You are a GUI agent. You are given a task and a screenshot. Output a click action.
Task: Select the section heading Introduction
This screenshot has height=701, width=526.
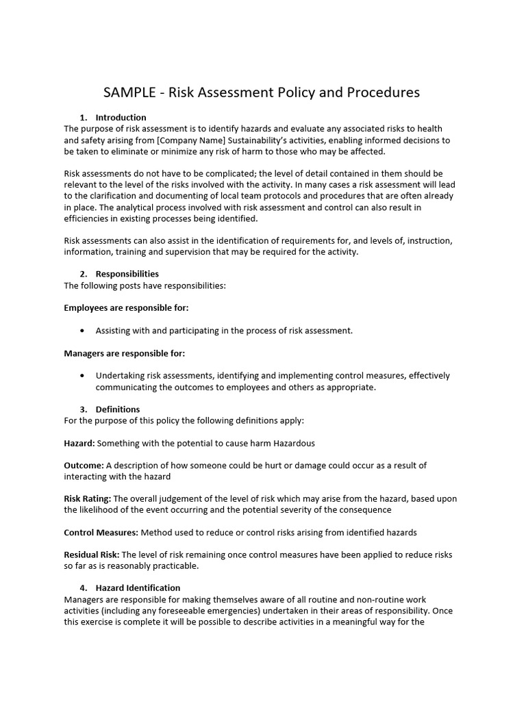[x=121, y=117]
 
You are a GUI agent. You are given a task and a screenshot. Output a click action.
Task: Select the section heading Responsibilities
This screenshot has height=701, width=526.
[x=127, y=274]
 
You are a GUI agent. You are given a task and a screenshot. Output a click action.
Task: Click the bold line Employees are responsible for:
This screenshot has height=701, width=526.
[x=126, y=308]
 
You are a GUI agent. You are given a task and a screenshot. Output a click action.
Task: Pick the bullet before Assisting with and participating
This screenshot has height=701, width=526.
[x=83, y=331]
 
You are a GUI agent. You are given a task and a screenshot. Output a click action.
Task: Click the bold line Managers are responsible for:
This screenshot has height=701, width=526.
[x=124, y=353]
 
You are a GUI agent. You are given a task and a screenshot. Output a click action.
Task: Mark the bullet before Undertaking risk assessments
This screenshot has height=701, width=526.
[x=83, y=376]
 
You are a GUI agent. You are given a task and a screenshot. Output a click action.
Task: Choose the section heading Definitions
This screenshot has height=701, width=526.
[x=117, y=409]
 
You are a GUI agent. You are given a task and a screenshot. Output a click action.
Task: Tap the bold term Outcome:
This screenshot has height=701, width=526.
[x=84, y=466]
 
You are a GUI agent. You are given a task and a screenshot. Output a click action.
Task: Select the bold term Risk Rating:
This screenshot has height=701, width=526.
[x=87, y=499]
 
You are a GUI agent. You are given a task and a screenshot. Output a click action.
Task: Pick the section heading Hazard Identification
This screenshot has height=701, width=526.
[x=138, y=588]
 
